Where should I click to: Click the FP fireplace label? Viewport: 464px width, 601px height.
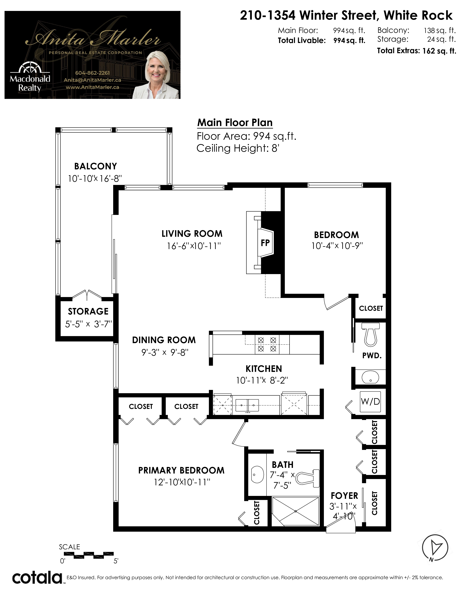click(265, 243)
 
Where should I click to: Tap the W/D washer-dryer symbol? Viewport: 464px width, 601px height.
click(370, 402)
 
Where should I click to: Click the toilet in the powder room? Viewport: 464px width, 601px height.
click(370, 334)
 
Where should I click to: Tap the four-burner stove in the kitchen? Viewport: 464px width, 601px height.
click(267, 344)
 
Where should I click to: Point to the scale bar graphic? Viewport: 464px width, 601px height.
click(88, 555)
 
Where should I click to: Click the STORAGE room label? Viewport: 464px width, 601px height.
click(88, 311)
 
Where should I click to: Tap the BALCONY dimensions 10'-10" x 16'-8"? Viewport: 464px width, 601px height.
click(95, 179)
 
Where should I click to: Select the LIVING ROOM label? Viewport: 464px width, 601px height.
click(192, 234)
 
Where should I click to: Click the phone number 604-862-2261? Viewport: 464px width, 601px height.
click(92, 73)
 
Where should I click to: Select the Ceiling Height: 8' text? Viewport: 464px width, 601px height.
click(238, 148)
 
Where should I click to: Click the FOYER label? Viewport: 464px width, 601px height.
click(344, 496)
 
